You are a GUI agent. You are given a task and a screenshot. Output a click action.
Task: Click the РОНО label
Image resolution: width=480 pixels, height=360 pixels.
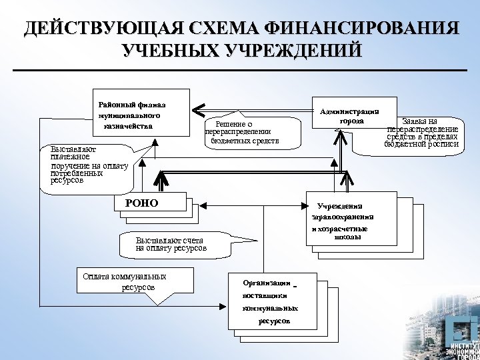(x=141, y=203)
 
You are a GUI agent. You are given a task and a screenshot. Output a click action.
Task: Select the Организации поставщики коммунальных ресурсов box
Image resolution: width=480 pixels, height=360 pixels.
(x=271, y=301)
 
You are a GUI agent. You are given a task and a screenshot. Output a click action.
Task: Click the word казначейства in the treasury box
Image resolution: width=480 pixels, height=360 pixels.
(x=129, y=126)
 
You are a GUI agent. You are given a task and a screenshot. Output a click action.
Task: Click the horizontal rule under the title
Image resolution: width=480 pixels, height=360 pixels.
(x=241, y=69)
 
